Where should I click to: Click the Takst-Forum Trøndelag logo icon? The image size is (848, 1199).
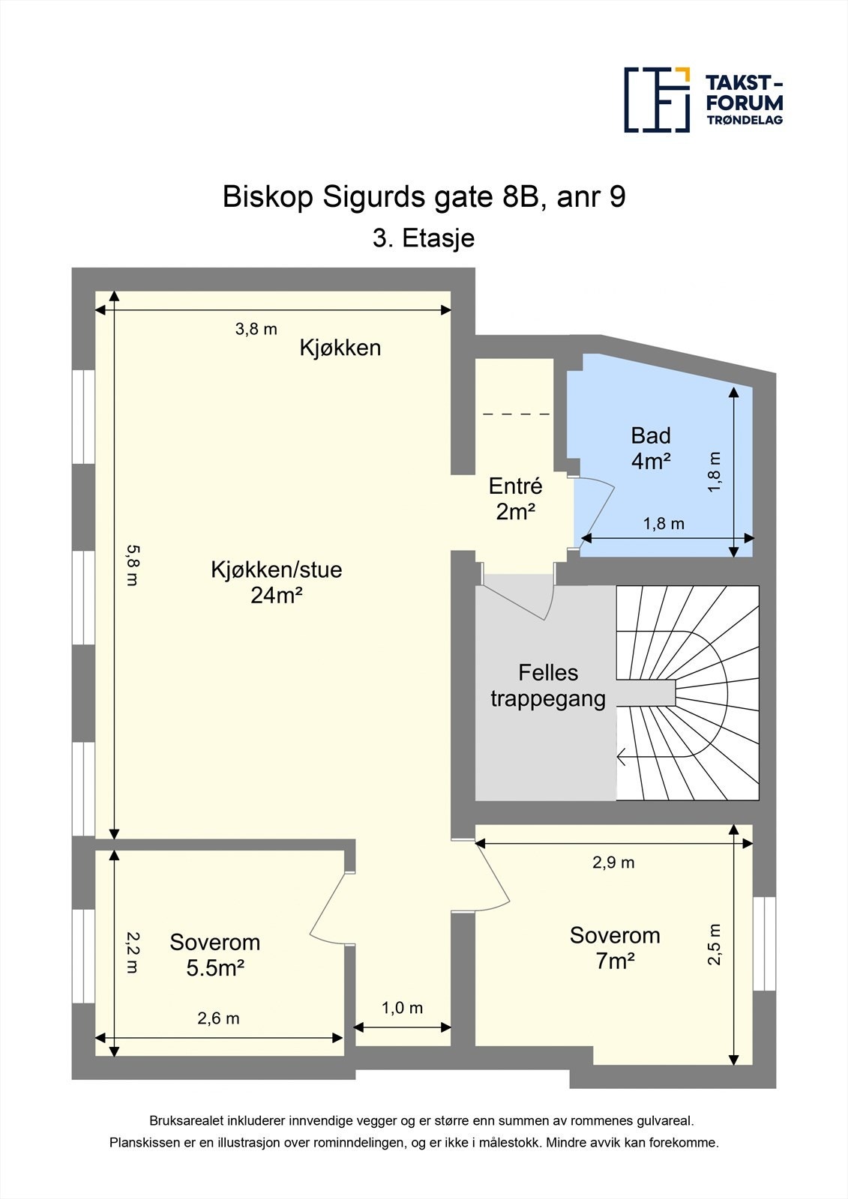click(657, 100)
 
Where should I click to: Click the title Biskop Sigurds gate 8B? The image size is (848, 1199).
click(424, 197)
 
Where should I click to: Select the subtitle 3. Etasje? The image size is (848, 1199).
click(424, 238)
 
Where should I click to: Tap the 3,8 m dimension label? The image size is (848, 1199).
click(256, 328)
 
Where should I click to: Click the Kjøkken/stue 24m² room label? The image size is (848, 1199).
click(276, 582)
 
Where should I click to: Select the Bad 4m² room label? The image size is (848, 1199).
click(650, 448)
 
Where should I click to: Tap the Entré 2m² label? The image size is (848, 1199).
click(515, 499)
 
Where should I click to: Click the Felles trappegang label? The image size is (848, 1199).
click(548, 685)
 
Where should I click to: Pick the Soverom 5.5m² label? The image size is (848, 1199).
click(215, 955)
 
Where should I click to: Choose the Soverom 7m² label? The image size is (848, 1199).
click(615, 947)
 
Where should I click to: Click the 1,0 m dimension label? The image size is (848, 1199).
click(403, 1008)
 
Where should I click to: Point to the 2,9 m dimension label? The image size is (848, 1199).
click(613, 863)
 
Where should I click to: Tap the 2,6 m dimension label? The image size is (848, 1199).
click(218, 1018)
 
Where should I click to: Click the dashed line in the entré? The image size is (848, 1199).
click(517, 414)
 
